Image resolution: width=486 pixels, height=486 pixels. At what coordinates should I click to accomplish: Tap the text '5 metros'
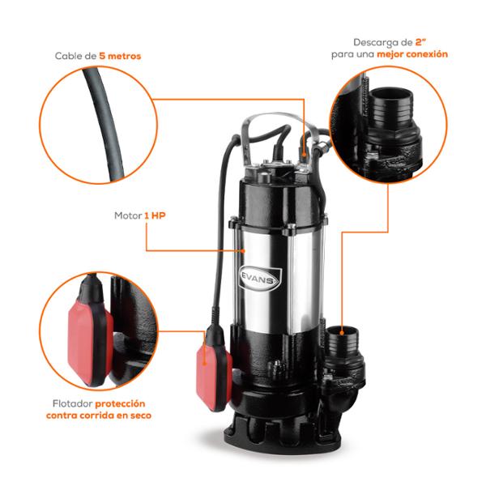click(120, 56)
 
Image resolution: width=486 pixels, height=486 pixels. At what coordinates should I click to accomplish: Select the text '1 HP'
click(155, 215)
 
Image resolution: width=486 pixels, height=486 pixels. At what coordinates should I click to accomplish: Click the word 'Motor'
click(128, 215)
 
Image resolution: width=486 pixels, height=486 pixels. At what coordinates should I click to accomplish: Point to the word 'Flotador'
click(73, 403)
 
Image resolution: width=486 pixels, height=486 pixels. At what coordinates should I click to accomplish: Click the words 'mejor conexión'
click(412, 54)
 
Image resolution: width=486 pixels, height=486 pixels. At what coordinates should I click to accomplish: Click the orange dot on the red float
click(204, 362)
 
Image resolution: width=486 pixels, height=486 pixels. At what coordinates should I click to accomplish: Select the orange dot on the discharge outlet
click(342, 333)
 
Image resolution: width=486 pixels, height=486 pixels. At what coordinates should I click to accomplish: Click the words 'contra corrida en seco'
click(99, 416)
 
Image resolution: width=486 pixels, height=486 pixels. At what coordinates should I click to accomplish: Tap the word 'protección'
click(120, 404)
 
